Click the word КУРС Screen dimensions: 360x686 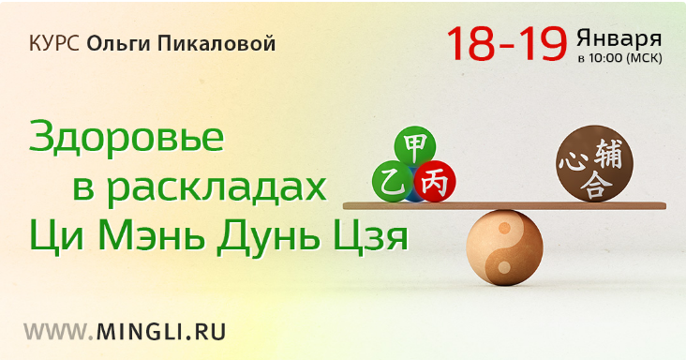52,44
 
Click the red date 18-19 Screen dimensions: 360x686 506,42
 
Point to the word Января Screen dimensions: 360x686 619,37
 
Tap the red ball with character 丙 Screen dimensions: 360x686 434,180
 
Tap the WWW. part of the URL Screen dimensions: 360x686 57,331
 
